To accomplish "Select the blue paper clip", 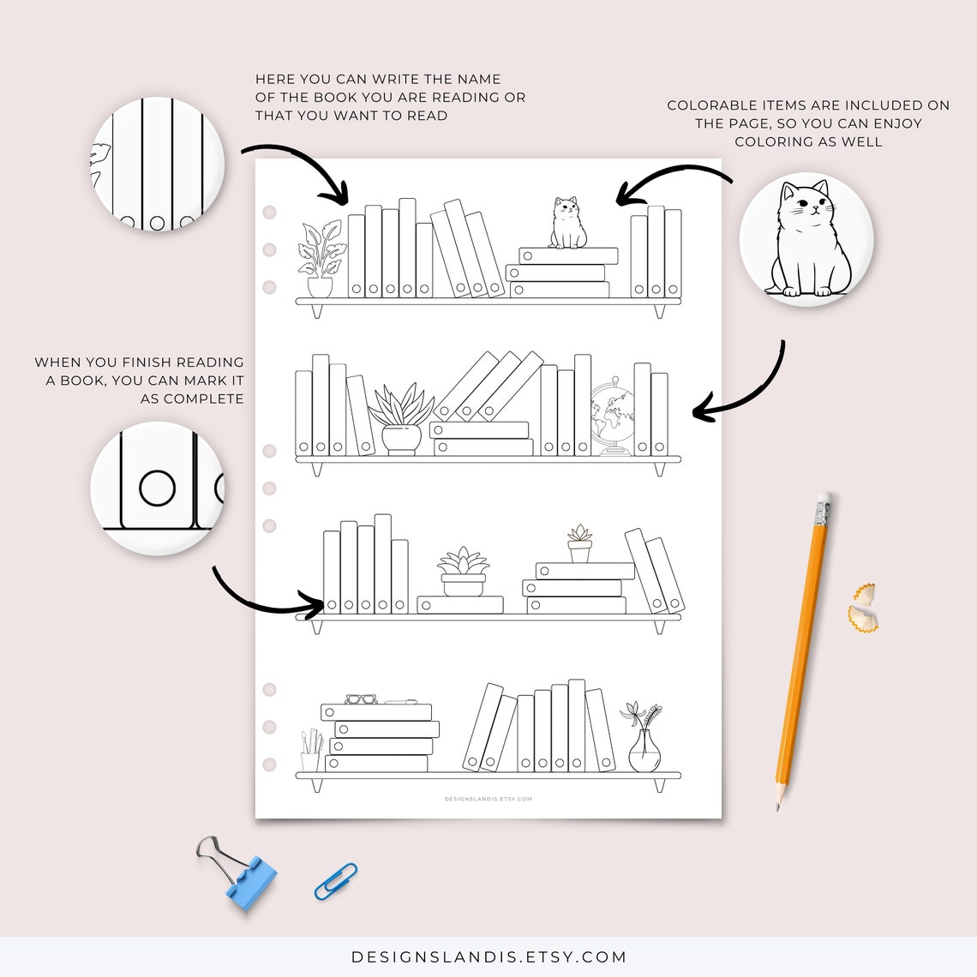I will (335, 881).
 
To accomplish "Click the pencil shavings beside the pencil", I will (863, 608).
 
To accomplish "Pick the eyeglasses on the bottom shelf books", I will (361, 699).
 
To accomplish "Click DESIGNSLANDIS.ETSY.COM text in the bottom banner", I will (488, 957).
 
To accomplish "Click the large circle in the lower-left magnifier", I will (157, 488).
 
